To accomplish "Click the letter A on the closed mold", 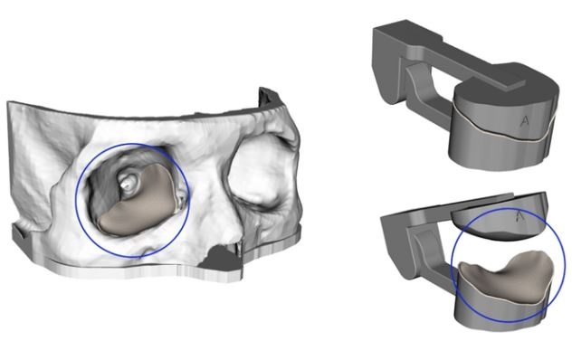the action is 525,121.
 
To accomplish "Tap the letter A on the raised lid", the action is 520,216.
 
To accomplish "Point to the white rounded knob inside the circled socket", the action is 127,182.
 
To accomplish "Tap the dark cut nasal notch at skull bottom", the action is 221,257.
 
